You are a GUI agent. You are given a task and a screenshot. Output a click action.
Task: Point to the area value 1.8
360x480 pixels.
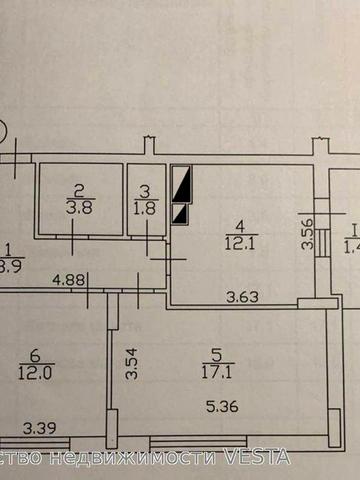[146, 210]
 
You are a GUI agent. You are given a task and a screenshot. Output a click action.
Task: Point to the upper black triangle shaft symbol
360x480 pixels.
[182, 186]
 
